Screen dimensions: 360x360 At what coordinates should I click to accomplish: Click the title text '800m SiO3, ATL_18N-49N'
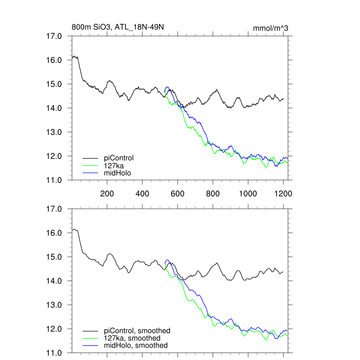click(x=118, y=27)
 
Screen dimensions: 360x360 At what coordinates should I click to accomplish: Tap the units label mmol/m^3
click(x=271, y=28)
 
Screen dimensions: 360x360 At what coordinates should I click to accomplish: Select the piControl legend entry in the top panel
click(x=119, y=158)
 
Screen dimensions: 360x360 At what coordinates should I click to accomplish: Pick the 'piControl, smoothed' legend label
click(x=137, y=330)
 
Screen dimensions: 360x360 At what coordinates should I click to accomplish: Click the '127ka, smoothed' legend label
click(x=132, y=338)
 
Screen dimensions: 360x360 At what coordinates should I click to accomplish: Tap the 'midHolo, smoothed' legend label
click(x=136, y=345)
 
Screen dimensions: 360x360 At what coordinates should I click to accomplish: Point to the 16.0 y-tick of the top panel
click(x=54, y=60)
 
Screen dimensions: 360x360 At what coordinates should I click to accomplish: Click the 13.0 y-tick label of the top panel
click(x=54, y=132)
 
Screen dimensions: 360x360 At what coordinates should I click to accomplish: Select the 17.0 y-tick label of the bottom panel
click(x=54, y=209)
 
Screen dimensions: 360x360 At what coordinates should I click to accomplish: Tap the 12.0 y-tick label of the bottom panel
click(x=54, y=329)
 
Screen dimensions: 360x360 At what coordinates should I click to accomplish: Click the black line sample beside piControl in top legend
click(x=91, y=158)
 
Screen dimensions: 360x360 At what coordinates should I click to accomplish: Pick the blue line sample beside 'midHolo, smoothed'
click(x=91, y=345)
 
